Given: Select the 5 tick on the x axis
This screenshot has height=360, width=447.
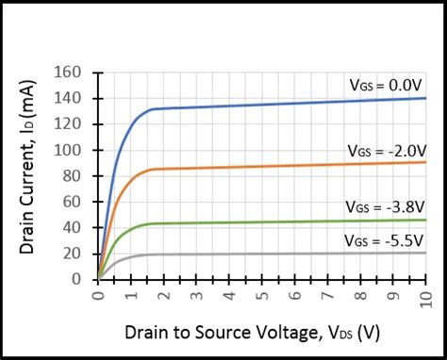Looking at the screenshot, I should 261,295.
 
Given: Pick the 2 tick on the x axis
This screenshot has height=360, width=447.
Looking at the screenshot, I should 163,295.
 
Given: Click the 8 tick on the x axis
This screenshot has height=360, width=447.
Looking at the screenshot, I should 359,295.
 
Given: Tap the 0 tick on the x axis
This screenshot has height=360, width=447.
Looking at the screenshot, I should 98,295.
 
